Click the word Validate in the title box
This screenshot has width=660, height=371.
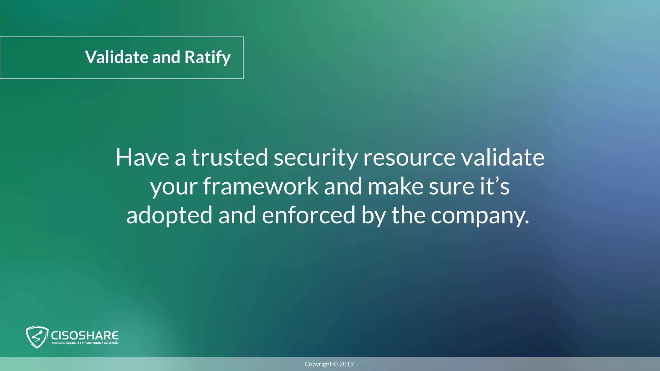tap(117, 57)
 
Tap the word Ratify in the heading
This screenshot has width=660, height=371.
tap(207, 57)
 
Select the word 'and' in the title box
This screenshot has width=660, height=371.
tap(166, 57)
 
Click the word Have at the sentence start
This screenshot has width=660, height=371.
tap(142, 157)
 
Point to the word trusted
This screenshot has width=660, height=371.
tap(229, 157)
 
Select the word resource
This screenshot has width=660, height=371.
tap(409, 157)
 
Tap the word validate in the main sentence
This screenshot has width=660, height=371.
tap(503, 157)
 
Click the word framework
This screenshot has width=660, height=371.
tap(261, 186)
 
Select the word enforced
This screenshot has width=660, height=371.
tap(308, 215)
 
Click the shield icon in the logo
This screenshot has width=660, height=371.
tap(37, 337)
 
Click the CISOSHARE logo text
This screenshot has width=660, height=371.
tap(85, 335)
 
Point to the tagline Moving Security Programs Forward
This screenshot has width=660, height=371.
tap(85, 343)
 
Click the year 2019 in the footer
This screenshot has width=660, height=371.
tap(346, 364)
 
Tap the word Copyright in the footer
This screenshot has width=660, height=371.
tap(318, 365)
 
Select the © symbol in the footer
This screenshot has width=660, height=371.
tap(335, 364)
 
